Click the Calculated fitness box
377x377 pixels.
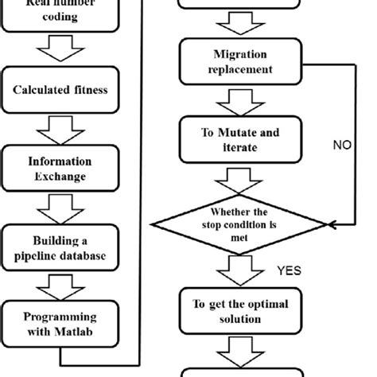click(x=60, y=90)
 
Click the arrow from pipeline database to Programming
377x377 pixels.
click(x=60, y=285)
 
